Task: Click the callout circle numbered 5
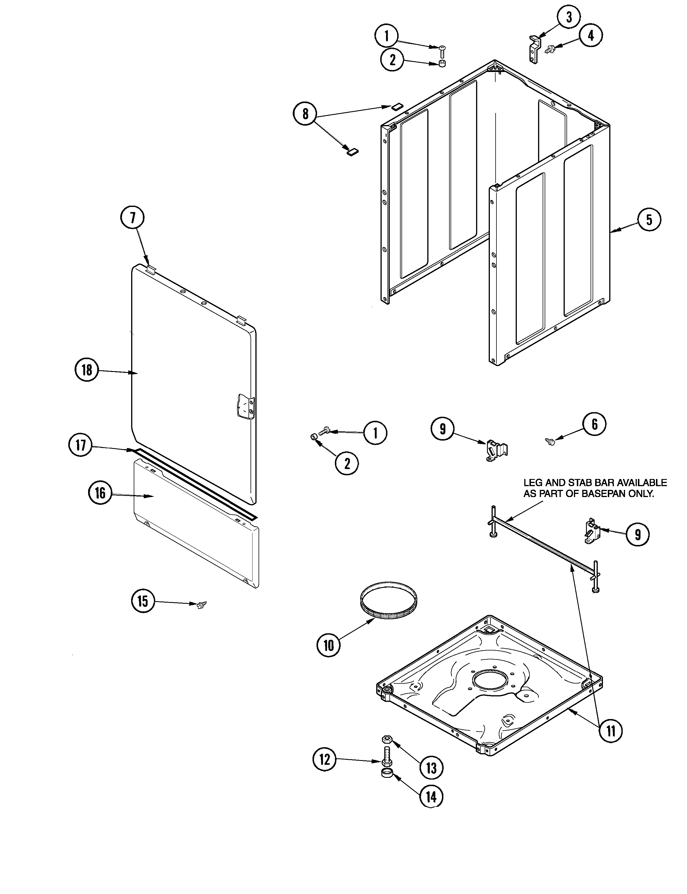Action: tap(649, 220)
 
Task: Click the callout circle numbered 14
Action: tap(431, 796)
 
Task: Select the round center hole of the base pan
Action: tap(490, 680)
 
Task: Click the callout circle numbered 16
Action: tap(100, 493)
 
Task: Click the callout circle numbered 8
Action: tap(305, 113)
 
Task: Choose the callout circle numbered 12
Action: tap(324, 759)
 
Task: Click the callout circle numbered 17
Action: tap(80, 445)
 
